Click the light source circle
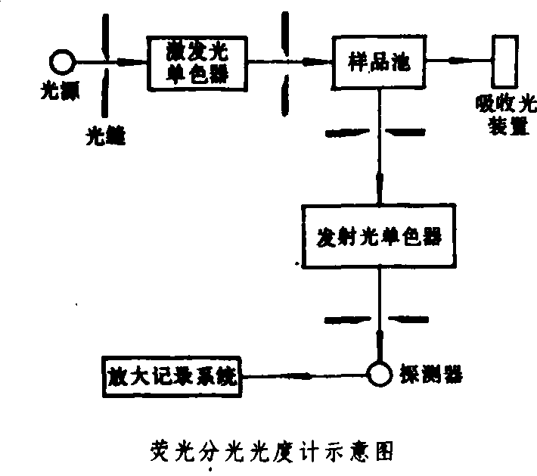coord(60,59)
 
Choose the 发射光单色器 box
coord(377,235)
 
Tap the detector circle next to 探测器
coord(376,374)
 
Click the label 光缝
coord(104,135)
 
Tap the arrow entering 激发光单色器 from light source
coord(129,61)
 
